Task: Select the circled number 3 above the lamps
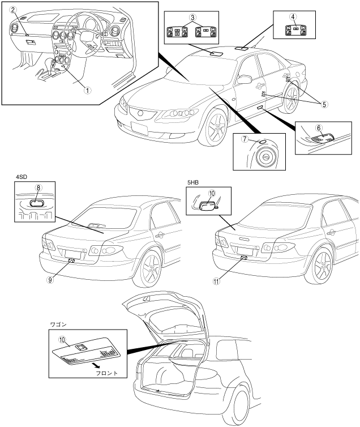192,18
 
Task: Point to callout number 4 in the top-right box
293,17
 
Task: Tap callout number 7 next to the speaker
246,142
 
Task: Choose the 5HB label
193,182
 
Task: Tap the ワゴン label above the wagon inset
57,327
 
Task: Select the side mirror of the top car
245,79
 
